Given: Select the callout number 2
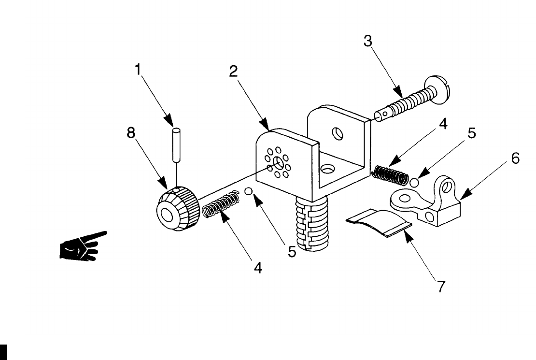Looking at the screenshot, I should point(234,72).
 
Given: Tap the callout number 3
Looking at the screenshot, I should point(368,42).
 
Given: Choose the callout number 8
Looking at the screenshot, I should point(131,133).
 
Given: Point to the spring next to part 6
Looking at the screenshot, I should point(391,174).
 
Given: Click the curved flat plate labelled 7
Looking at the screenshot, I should point(380,222).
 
